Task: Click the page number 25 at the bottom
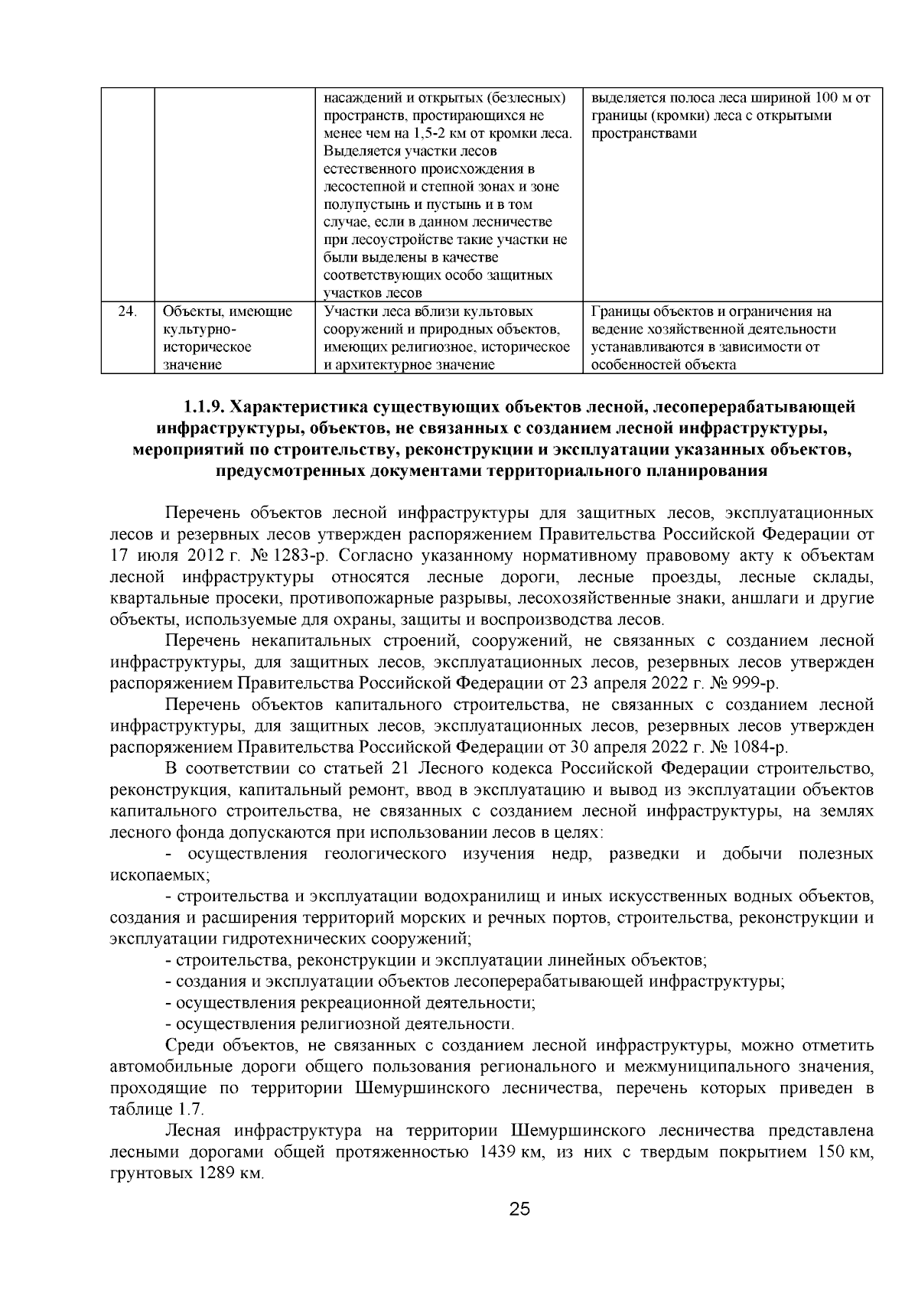pos(519,1210)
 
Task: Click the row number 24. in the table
pos(128,311)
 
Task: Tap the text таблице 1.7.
pos(157,1110)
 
